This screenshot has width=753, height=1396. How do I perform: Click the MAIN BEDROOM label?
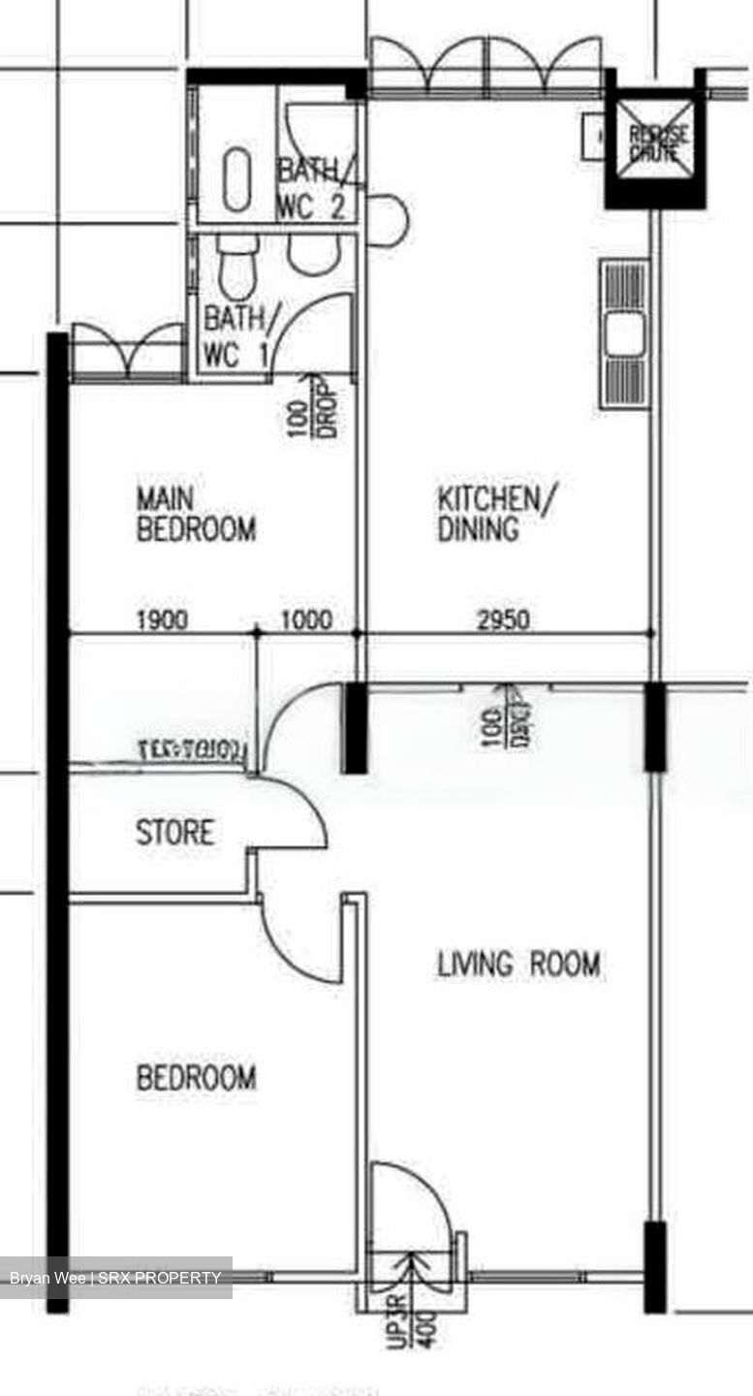pyautogui.click(x=196, y=515)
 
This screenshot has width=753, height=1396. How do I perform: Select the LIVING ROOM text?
pyautogui.click(x=518, y=965)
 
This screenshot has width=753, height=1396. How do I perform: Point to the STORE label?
pyautogui.click(x=174, y=833)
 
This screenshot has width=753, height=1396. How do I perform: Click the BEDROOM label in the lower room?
pyautogui.click(x=196, y=1078)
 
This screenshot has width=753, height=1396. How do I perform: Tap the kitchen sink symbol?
pyautogui.click(x=623, y=333)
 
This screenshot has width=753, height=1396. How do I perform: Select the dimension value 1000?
pyautogui.click(x=306, y=619)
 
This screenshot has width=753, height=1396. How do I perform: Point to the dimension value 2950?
pyautogui.click(x=503, y=619)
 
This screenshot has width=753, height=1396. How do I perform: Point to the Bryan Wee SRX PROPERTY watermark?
pyautogui.click(x=116, y=1278)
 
